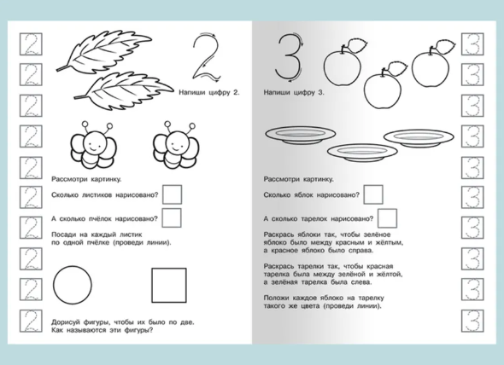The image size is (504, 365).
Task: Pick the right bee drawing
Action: click(176, 146)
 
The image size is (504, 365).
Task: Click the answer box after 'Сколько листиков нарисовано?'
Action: click(172, 194)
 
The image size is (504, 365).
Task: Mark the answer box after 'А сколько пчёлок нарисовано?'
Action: click(172, 218)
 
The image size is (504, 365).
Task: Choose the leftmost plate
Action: click(300, 134)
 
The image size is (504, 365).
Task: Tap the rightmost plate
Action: click(419, 138)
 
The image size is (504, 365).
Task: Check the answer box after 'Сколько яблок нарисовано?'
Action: click(373, 194)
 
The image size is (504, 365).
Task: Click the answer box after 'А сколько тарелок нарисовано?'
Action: click(387, 218)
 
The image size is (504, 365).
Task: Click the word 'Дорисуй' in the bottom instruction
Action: click(64, 322)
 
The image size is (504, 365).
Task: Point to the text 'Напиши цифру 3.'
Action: click(294, 92)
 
